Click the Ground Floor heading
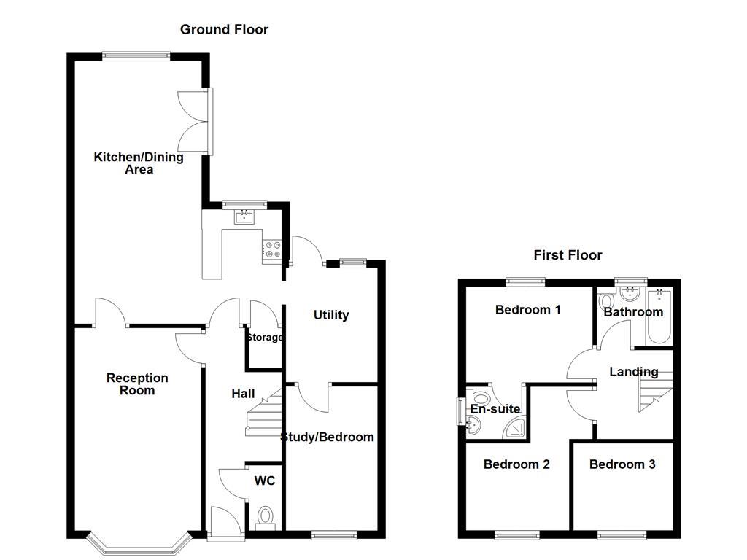[x=224, y=30]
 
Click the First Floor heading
[x=568, y=255]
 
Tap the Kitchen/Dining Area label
[x=139, y=163]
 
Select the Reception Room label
[x=137, y=384]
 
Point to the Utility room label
[x=331, y=315]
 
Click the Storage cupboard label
[x=264, y=338]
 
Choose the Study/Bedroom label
[x=328, y=437]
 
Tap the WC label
[x=264, y=481]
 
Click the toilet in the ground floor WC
[x=265, y=516]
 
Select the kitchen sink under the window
[x=244, y=217]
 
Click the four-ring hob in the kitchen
[x=272, y=249]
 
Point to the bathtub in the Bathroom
[x=659, y=317]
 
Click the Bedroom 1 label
[x=527, y=310]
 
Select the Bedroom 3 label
[x=622, y=464]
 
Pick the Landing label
[x=633, y=372]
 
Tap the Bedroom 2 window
[x=516, y=536]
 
